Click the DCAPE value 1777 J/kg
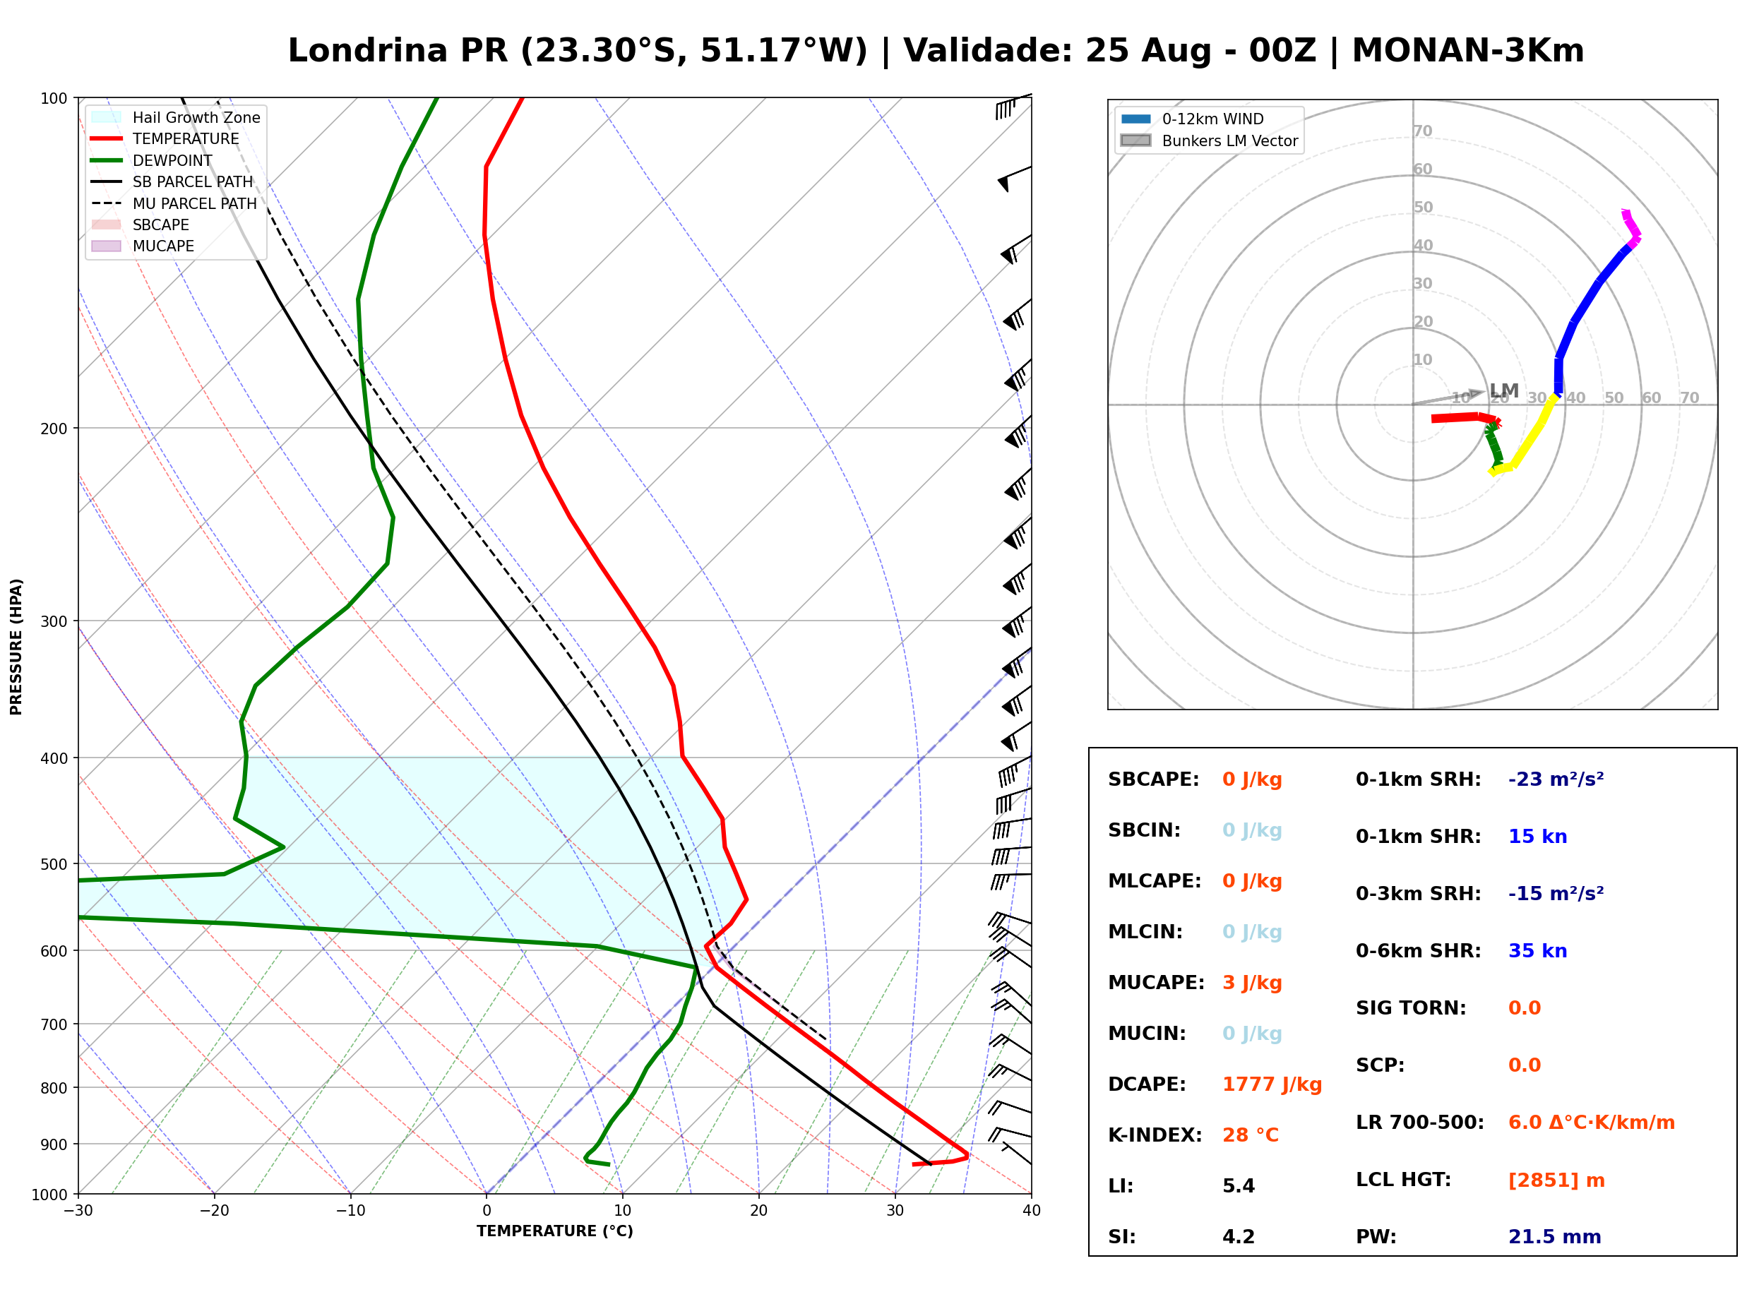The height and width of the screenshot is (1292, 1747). pos(1272,1084)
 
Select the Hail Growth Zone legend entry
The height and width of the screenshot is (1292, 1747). pos(176,117)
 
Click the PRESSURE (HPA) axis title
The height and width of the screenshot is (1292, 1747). pos(16,647)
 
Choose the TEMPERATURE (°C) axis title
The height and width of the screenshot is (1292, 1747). pos(555,1231)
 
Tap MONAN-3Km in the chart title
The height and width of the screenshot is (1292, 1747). pos(1468,51)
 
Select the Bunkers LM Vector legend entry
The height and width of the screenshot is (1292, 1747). pos(1210,140)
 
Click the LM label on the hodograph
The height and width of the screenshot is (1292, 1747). pos(1505,390)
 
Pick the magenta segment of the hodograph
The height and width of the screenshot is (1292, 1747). pos(1630,227)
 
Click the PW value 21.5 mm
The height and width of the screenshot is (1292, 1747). pos(1555,1236)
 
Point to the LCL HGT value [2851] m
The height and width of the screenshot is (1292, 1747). pos(1556,1180)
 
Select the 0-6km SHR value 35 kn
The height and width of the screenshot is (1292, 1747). pos(1537,951)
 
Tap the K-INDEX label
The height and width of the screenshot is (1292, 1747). pos(1155,1135)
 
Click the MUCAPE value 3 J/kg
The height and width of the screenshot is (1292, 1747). pos(1252,983)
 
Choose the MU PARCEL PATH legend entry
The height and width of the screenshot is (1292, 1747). pos(174,203)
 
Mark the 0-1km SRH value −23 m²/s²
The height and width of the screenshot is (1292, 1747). pos(1556,779)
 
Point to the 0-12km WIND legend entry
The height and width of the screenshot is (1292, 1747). pos(1193,119)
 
